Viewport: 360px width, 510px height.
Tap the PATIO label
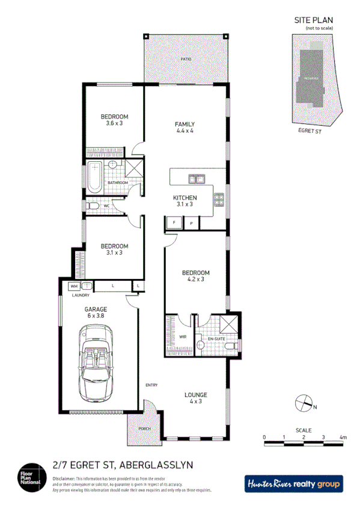(186, 60)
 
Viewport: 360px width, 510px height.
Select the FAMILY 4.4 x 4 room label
(185, 127)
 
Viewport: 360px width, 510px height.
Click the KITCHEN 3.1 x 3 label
(185, 201)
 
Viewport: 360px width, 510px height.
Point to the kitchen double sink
(195, 178)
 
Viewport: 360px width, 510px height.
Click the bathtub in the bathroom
(95, 177)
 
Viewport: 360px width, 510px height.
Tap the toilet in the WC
(92, 206)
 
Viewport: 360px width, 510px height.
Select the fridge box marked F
(174, 223)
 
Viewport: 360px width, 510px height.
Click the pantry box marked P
(191, 223)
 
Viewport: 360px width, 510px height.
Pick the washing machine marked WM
(75, 286)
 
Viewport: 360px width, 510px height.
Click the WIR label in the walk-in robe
(182, 337)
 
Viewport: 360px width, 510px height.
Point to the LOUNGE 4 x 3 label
(196, 398)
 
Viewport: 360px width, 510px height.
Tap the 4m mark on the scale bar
(343, 437)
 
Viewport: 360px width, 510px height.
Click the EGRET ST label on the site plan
(310, 130)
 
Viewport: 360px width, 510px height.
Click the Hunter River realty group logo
(293, 484)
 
